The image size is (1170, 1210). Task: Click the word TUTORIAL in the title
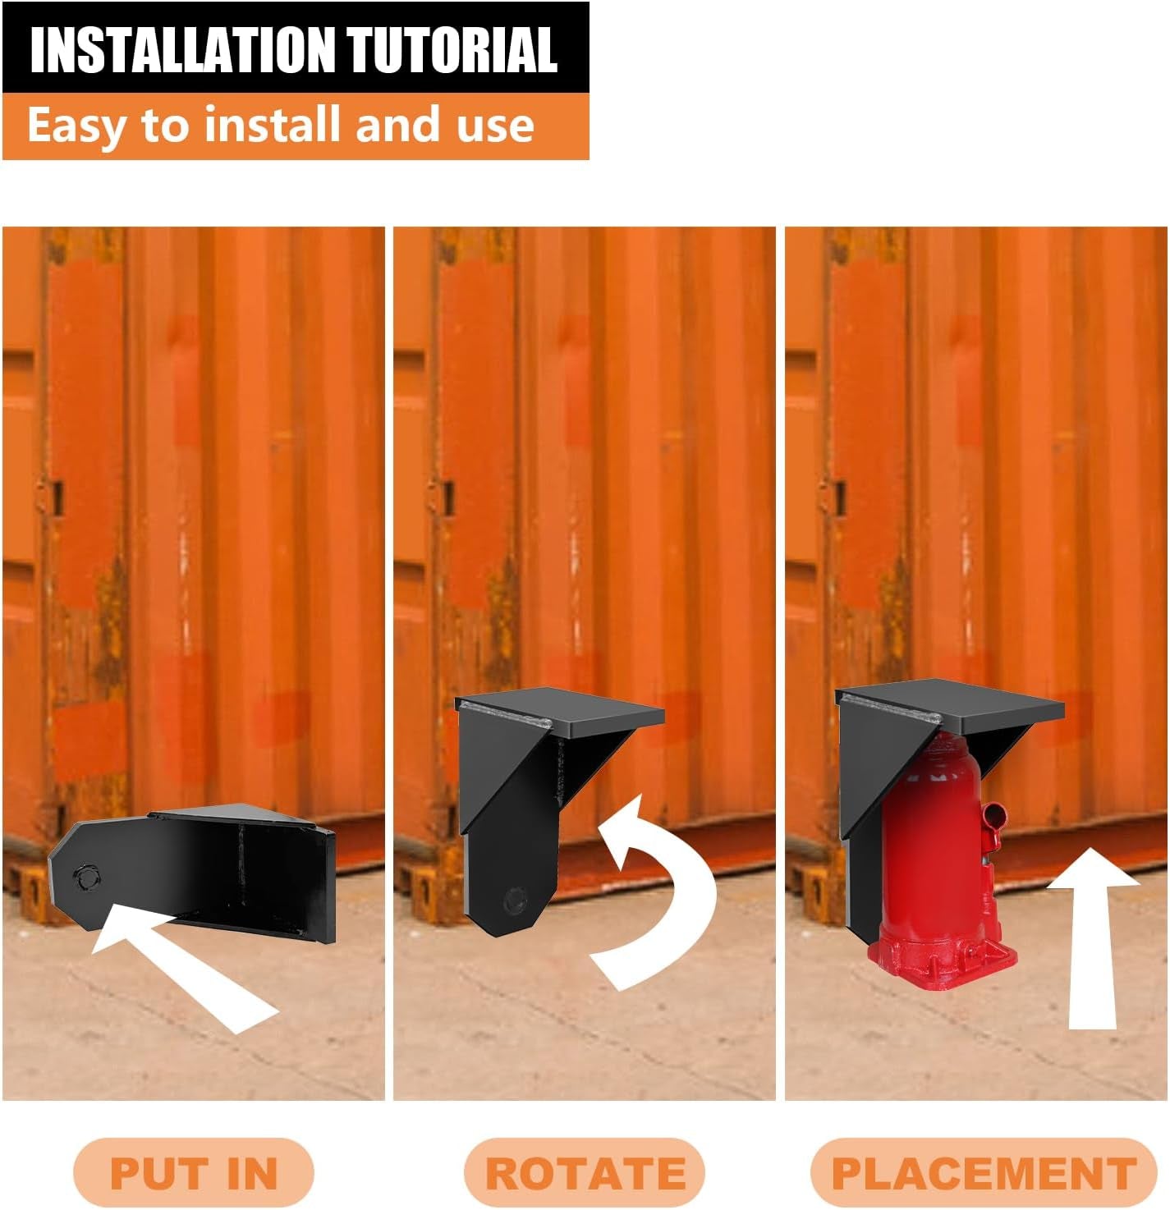(x=452, y=49)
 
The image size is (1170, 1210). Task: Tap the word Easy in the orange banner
(x=76, y=126)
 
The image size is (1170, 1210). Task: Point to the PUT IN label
(x=194, y=1172)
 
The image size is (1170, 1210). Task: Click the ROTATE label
(x=585, y=1172)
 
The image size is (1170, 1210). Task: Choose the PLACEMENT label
(x=984, y=1172)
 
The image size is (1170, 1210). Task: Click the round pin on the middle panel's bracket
(x=516, y=901)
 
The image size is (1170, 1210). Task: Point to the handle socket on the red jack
(x=994, y=818)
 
